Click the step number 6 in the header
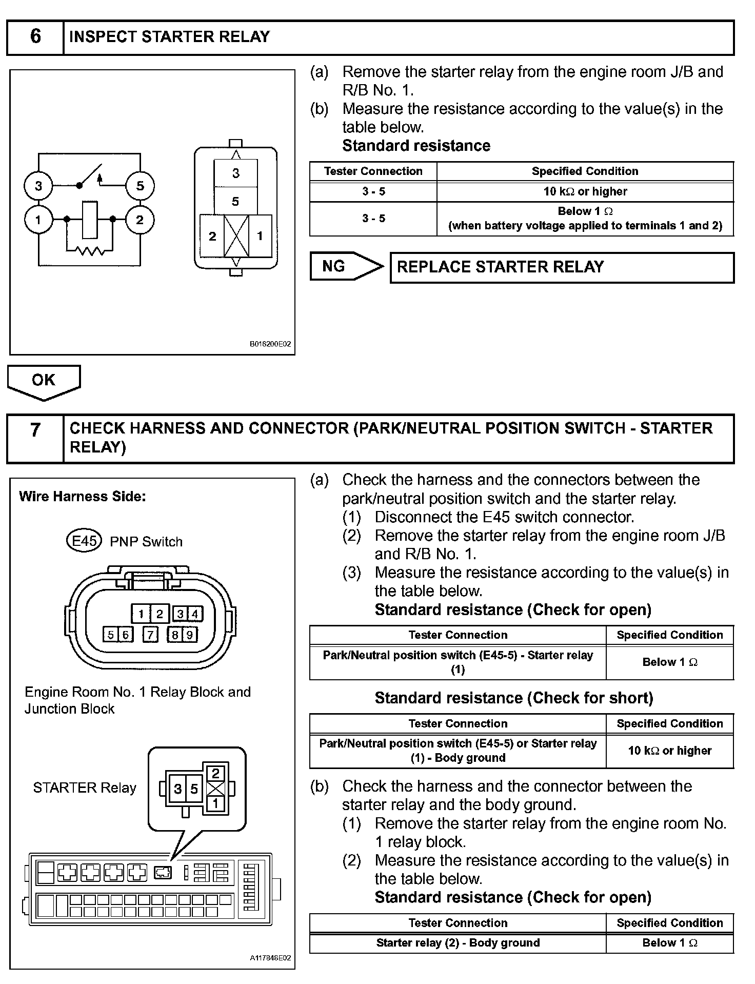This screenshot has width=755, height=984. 35,36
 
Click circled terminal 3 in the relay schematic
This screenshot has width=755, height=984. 38,186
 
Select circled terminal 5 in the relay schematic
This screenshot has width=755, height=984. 140,186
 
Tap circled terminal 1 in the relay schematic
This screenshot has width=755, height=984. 38,220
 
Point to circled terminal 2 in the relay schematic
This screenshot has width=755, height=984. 140,220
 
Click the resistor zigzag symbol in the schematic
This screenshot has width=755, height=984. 90,251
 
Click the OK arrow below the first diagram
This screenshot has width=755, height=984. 44,381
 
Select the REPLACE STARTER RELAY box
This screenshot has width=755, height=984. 562,267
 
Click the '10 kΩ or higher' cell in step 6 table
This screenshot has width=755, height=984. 585,191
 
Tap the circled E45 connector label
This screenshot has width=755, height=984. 85,541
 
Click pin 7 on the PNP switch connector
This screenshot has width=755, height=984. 150,635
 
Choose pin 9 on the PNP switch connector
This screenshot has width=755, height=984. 189,635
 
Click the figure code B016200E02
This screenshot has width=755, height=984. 270,344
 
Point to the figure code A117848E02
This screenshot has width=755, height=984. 270,958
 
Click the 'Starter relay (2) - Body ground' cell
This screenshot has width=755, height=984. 458,942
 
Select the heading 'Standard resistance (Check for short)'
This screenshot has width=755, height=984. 514,698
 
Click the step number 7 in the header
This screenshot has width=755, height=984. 35,429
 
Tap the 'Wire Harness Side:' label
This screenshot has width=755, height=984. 83,497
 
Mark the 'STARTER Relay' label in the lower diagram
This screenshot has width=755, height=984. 85,788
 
